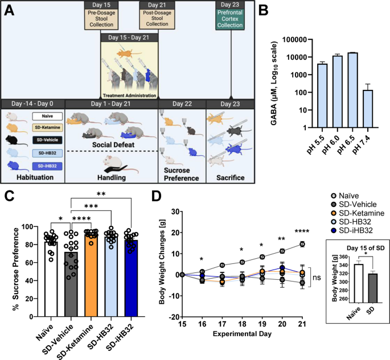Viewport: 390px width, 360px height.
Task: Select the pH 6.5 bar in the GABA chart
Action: (x=352, y=90)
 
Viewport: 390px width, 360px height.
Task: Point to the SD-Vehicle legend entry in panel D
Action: (x=354, y=205)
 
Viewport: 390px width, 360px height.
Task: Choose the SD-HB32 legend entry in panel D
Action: (x=351, y=222)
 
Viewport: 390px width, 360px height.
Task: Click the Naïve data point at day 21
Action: (x=302, y=244)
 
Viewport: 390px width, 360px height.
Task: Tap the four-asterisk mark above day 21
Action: (x=302, y=231)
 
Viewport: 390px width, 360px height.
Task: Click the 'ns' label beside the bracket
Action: (x=317, y=278)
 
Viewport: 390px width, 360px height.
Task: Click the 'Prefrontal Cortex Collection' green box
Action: (x=230, y=19)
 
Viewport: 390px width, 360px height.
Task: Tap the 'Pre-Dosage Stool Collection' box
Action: (x=101, y=19)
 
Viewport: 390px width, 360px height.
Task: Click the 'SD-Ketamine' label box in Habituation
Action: (x=47, y=127)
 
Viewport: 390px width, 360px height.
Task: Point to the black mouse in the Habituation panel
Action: (x=16, y=140)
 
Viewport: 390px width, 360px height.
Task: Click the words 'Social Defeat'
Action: (x=113, y=144)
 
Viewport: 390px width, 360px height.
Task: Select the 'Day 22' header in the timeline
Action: (x=182, y=104)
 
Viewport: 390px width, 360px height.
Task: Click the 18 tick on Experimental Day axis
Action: (x=242, y=324)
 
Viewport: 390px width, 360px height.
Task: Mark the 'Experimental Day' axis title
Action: (x=242, y=334)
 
